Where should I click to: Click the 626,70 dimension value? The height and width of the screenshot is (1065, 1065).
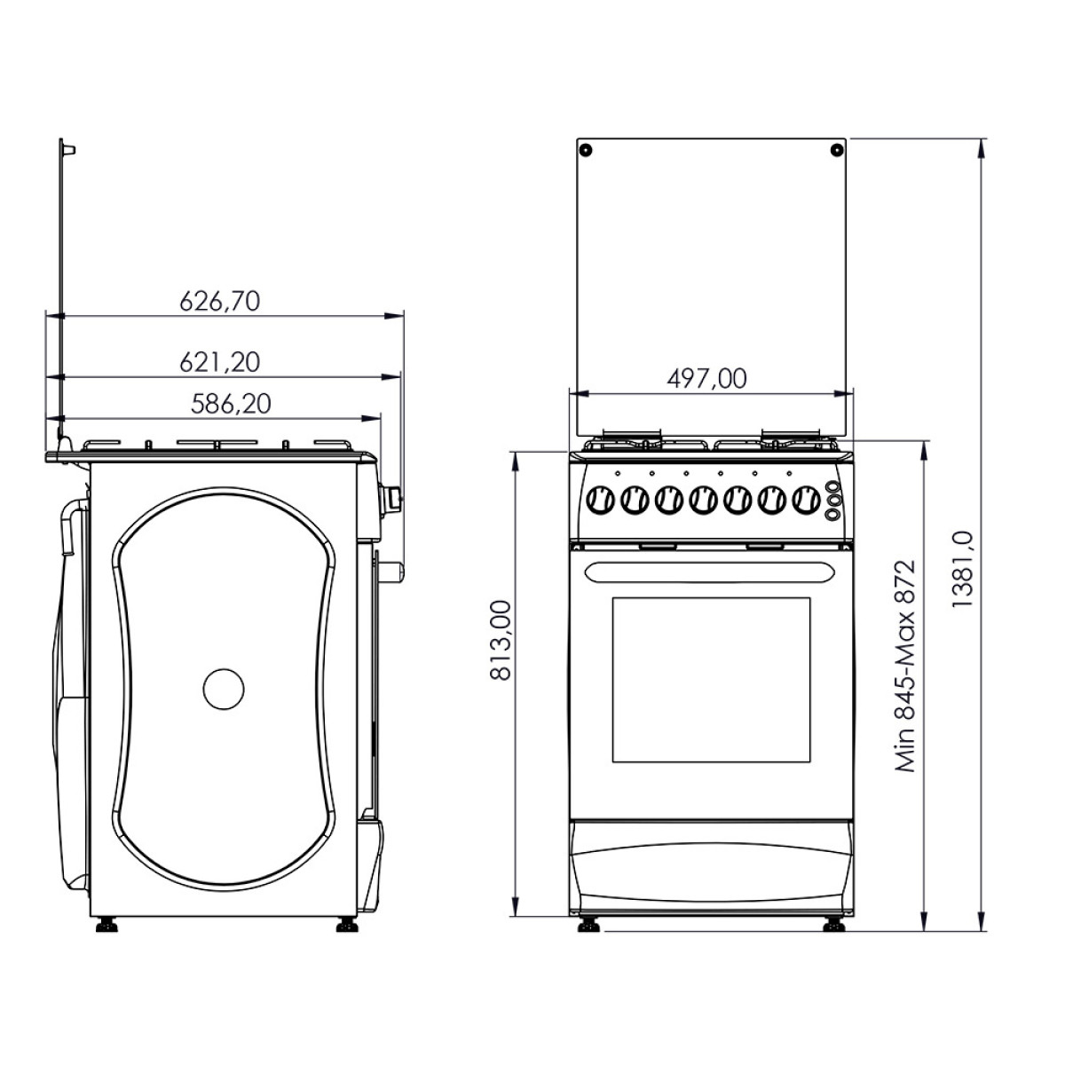click(x=220, y=302)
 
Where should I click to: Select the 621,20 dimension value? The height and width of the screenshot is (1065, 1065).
click(x=220, y=363)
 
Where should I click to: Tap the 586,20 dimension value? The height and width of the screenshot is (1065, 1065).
click(x=231, y=404)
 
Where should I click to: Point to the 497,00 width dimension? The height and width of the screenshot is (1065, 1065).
click(x=706, y=379)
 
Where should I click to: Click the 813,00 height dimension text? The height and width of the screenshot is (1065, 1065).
click(x=501, y=639)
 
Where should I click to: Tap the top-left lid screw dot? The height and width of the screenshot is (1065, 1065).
click(x=586, y=149)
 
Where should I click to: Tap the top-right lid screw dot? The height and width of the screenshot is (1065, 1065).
click(x=837, y=149)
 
